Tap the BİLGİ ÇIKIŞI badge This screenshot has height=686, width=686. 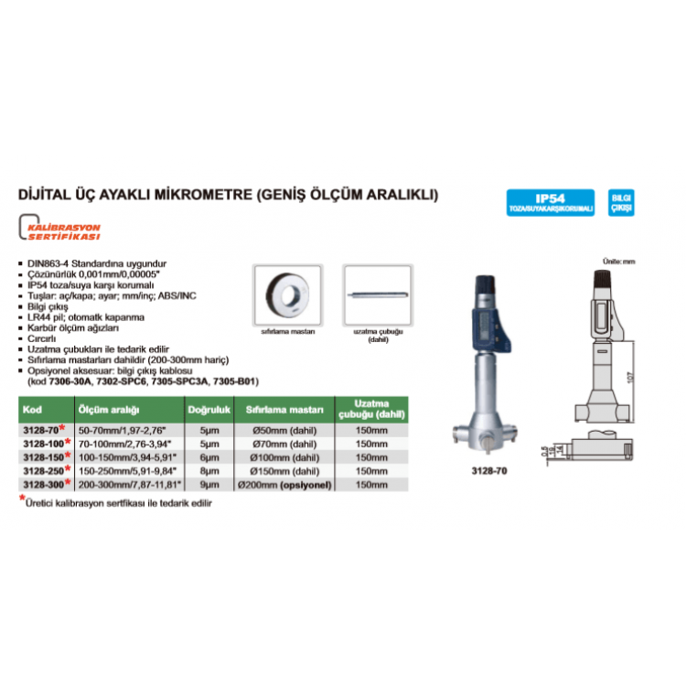pos(622,202)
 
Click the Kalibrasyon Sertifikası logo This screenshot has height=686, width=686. pos(61,230)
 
